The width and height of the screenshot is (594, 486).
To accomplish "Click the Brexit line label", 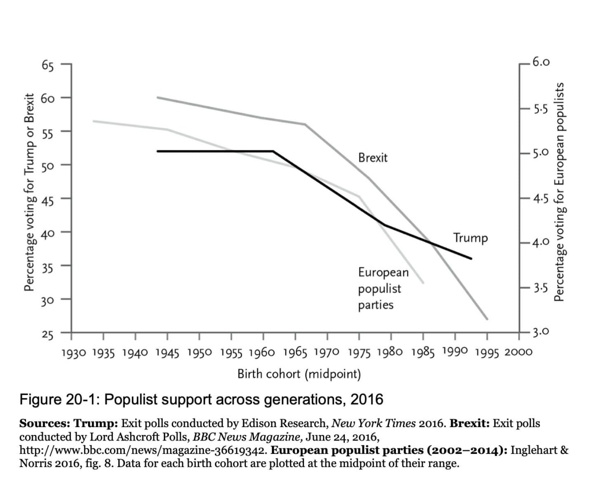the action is point(373,158).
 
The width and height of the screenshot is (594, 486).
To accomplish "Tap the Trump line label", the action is point(471,238).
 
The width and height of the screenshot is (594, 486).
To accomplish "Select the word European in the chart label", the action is point(383,272).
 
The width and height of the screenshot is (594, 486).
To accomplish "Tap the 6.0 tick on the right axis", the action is point(541,62).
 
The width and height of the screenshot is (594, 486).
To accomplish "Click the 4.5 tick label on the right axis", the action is point(541,199).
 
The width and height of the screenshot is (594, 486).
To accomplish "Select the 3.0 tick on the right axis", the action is point(541,331).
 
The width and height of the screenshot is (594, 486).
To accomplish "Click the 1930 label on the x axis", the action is point(73,353).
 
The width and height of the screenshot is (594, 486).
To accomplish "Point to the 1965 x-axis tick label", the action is point(295,353).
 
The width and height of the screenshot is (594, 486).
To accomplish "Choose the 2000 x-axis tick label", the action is point(518,352).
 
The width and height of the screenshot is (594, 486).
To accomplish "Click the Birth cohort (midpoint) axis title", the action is point(299,374).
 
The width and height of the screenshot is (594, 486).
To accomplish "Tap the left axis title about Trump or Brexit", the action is point(29,192).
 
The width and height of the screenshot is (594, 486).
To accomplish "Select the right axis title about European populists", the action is point(560,192).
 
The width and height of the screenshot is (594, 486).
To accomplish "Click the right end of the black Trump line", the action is point(471,259).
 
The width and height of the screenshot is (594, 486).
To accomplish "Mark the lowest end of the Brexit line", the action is point(487,319).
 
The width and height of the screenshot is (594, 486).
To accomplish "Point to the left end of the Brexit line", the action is point(158,97).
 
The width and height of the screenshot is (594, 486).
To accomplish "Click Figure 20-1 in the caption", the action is point(60,400).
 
